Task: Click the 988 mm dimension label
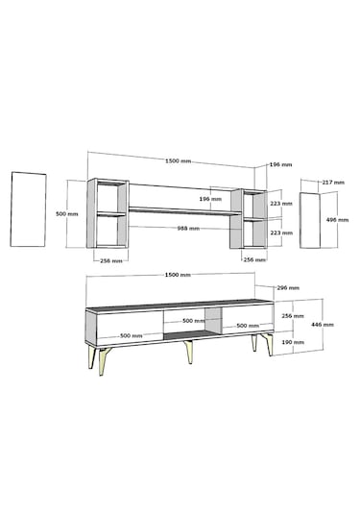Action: coord(188,228)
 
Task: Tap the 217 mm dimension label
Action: coord(333,183)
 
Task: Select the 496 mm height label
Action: coord(337,220)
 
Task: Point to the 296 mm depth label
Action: coord(288,288)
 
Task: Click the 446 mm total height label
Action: coord(323,325)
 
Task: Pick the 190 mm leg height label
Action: coord(293,342)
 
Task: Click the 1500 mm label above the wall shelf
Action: coord(179,161)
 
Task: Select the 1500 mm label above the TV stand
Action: coord(178,275)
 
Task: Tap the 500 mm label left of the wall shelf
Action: coord(67,213)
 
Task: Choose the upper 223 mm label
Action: coord(281,204)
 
